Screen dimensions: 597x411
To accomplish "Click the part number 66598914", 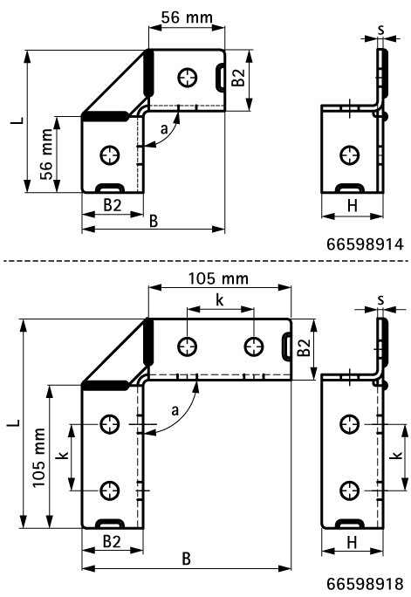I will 366,245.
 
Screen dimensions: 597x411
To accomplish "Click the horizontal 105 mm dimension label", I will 219,278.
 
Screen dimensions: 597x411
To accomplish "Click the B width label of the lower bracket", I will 186,557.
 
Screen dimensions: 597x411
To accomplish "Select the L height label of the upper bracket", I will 17,120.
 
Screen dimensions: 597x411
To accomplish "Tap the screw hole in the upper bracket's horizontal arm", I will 187,77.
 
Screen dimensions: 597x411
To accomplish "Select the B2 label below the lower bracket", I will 112,542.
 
